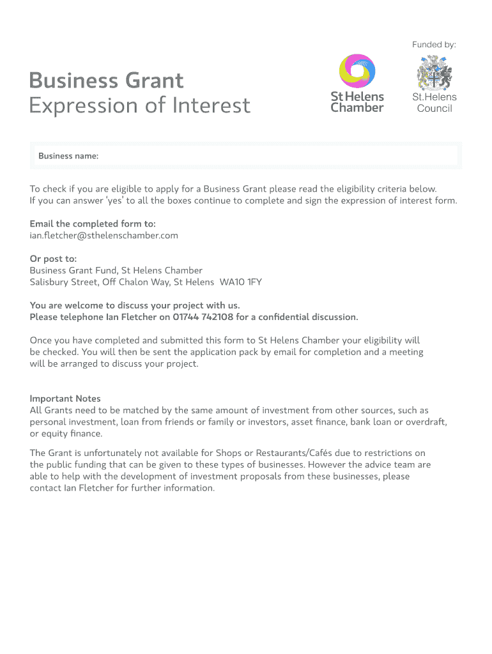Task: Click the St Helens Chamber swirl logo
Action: pos(357,70)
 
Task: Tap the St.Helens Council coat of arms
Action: pos(434,73)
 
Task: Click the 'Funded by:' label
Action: pos(434,45)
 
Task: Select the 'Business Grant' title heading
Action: pos(106,80)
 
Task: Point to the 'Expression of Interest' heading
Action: pos(140,105)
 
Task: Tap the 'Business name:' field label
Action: pos(68,156)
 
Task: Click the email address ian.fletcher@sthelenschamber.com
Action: pos(104,235)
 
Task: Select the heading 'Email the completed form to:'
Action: pos(93,224)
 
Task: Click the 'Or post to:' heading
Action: pos(53,259)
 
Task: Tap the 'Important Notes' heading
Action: pos(65,399)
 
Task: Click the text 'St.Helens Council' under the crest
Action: pos(434,103)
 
